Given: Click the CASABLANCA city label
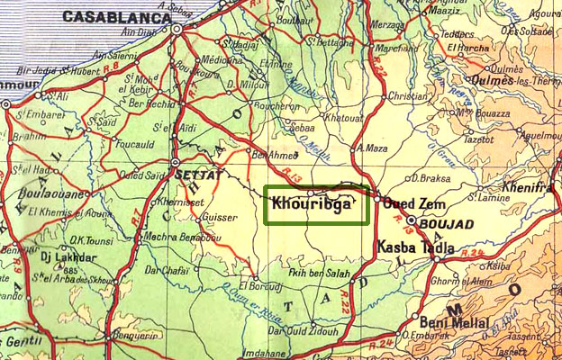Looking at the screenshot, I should point(118,17).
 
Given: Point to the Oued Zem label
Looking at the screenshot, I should point(410,203).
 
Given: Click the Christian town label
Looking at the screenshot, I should point(408,95).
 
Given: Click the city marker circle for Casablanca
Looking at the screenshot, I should point(177,29).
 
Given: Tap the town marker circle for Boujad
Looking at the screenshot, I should point(412,220).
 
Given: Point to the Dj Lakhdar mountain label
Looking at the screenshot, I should point(60,255).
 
